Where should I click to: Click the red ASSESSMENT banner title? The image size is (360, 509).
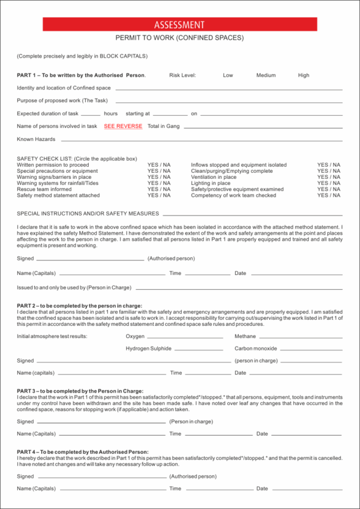coord(179,25)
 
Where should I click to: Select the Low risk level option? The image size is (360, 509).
coord(228,76)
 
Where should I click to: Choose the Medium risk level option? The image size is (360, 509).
coord(266,76)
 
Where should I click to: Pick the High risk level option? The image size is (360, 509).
coord(304,76)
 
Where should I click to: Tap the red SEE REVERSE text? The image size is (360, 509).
coord(123,127)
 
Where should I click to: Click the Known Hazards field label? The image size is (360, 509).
coord(36,139)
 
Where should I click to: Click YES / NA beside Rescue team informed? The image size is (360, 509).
coord(159,189)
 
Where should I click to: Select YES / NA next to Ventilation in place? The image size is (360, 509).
coord(329,177)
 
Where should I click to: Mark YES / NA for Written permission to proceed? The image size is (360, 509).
coord(159,164)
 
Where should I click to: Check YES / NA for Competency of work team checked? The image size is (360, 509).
coord(329,196)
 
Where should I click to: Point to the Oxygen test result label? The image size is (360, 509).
coord(135,336)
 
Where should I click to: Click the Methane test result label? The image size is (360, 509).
coord(245,336)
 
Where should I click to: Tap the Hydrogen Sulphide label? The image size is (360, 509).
coord(148,349)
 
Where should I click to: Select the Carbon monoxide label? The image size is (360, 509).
coord(256,349)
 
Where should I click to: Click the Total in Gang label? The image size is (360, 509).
coord(163,127)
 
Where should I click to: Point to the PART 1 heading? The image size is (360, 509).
coord(81,76)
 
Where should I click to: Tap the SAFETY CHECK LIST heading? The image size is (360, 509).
coord(77,158)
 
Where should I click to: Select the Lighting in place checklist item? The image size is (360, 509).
coord(211,183)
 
